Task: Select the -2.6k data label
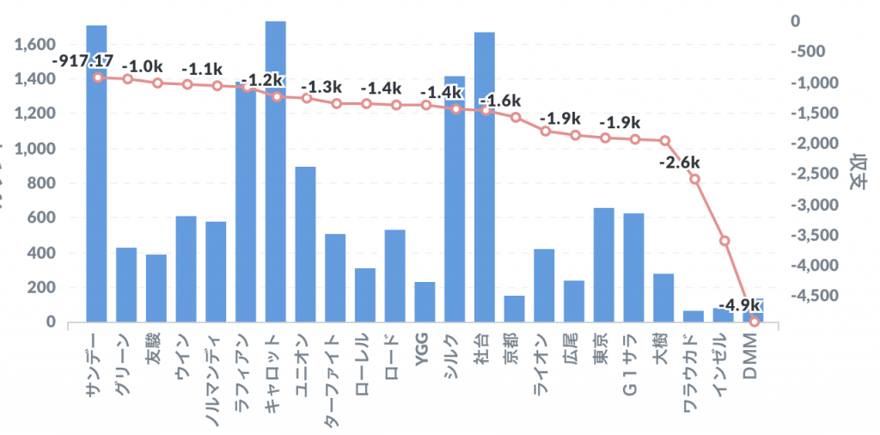680,162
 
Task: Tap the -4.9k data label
738,305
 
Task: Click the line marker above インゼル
724,240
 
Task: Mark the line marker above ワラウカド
694,179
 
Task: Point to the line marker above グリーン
127,79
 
